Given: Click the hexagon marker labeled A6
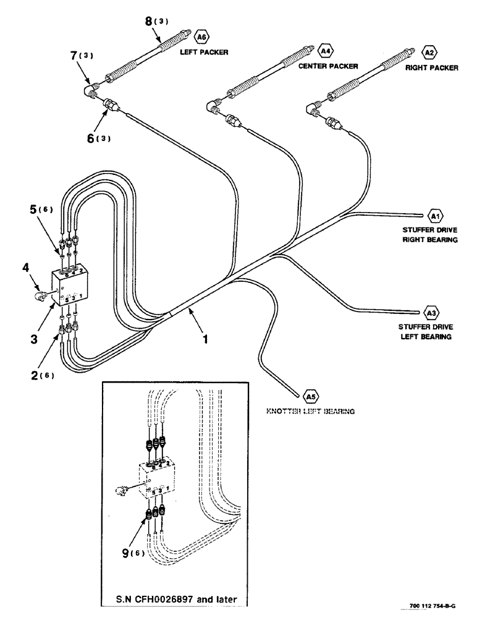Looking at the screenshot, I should click(x=202, y=36).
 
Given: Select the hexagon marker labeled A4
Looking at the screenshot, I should click(x=325, y=48).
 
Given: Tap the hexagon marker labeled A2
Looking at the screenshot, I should click(x=428, y=53).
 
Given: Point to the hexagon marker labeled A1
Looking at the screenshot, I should click(x=435, y=216).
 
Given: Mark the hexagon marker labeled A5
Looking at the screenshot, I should click(x=309, y=395).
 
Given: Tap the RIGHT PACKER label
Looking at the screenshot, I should click(x=431, y=68).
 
